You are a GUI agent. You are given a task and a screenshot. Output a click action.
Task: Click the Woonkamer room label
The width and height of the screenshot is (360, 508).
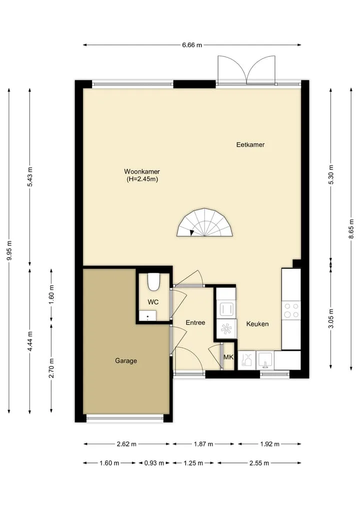tap(141, 171)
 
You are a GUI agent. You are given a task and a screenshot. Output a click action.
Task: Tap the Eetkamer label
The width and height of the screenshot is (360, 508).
tap(250, 145)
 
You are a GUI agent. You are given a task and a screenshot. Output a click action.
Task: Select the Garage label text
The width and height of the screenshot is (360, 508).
tap(126, 361)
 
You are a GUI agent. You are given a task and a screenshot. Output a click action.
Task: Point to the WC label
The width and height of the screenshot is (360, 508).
tap(153, 302)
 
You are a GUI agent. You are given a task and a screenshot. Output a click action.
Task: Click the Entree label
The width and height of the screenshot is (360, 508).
tap(195, 323)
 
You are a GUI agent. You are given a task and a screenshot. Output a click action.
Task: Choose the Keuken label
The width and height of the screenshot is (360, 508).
tap(257, 324)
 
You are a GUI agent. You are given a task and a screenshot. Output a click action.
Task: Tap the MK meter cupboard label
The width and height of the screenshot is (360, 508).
tap(228, 357)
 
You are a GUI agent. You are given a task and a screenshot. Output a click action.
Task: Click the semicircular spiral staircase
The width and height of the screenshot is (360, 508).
tap(205, 223)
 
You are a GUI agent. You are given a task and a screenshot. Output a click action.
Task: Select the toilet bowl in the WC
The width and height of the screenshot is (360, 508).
tap(153, 282)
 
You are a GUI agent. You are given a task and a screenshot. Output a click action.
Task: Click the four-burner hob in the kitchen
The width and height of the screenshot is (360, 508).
tap(291, 310)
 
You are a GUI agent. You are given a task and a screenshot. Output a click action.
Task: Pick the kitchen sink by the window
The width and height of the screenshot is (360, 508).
tap(265, 361)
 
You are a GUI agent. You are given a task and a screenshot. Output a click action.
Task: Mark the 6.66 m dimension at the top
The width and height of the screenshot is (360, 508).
tap(192, 45)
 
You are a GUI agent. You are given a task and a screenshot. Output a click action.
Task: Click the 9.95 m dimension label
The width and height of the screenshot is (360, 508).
tap(9, 250)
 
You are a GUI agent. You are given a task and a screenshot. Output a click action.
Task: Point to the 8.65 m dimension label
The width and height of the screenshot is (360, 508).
tap(351, 229)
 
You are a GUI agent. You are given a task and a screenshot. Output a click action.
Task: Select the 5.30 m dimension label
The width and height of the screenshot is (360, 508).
tap(331, 174)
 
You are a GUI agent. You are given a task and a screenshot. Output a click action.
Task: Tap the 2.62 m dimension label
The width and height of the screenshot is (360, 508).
tap(126, 444)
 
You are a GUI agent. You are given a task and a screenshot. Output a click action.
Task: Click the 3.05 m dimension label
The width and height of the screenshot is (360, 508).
tap(331, 318)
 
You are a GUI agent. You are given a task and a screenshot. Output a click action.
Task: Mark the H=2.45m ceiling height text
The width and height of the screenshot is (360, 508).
tap(142, 179)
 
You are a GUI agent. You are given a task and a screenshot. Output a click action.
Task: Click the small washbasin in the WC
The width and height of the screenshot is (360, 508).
tap(147, 315)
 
